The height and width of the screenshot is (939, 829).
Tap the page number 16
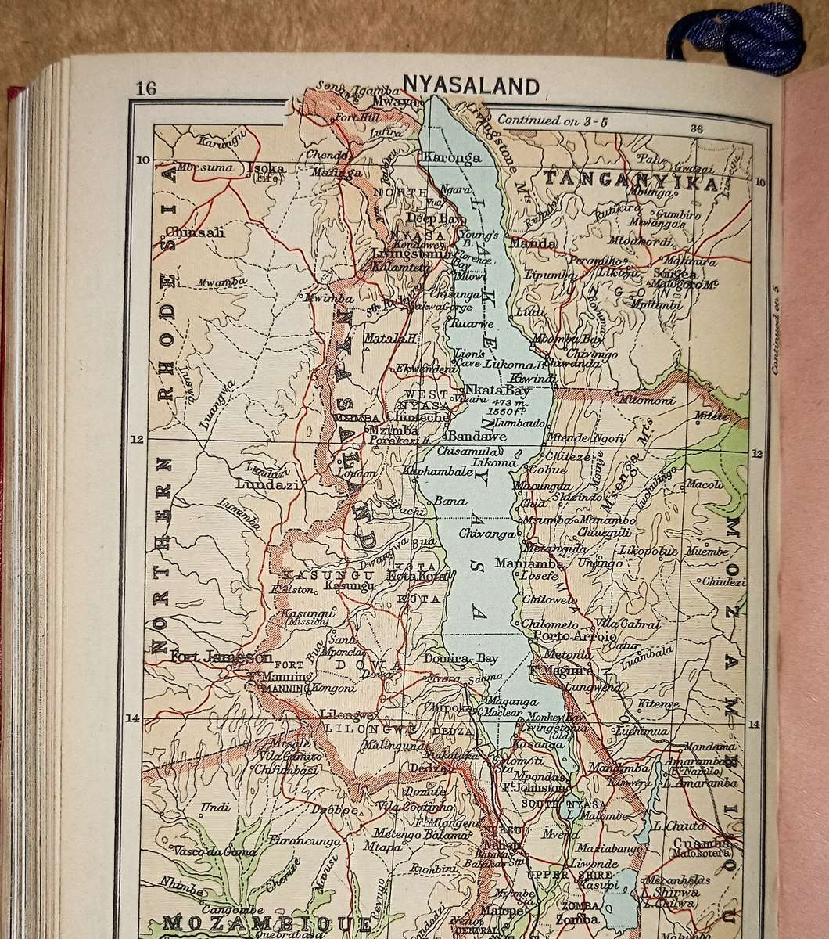pyautogui.click(x=145, y=88)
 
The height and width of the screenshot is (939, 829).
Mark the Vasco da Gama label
pyautogui.click(x=206, y=851)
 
